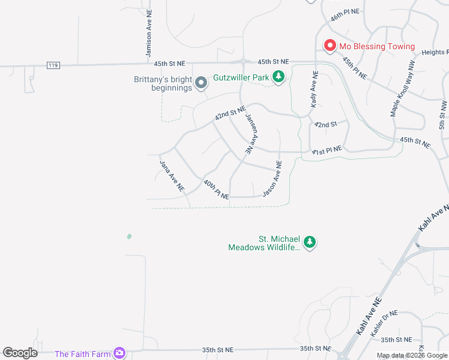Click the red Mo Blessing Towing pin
pos(330,46)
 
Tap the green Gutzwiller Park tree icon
pos(278,77)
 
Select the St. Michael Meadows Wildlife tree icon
pos(309,242)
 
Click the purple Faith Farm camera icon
pos(119,353)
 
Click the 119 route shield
pos(54,65)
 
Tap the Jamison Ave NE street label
pos(148,36)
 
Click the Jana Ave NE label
pos(171,175)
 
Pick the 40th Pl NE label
pos(216,190)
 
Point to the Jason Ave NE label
pos(273,178)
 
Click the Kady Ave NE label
pos(313,88)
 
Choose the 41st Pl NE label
pos(327,150)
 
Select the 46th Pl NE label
pos(345,15)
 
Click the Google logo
pos(20,353)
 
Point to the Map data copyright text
pos(412,355)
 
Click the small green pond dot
pos(129,236)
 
